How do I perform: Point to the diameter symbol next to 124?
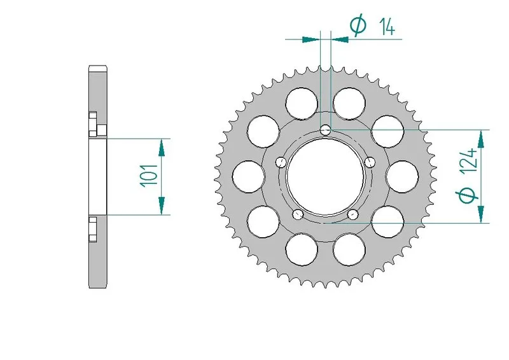coord(469,196)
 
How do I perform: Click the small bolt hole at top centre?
coord(326,130)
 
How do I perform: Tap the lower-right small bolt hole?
coord(353,214)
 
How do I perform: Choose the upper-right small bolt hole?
coord(371,162)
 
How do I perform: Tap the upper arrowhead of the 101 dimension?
coord(162,147)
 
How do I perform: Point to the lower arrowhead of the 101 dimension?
coord(162,205)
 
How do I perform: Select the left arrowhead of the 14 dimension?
coord(310,39)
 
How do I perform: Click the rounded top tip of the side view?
coord(97,67)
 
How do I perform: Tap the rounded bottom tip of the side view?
coord(97,286)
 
